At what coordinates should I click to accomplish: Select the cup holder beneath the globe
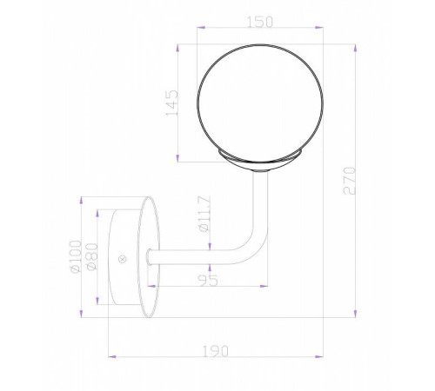click(260, 162)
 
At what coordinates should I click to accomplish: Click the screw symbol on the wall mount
click(123, 257)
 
